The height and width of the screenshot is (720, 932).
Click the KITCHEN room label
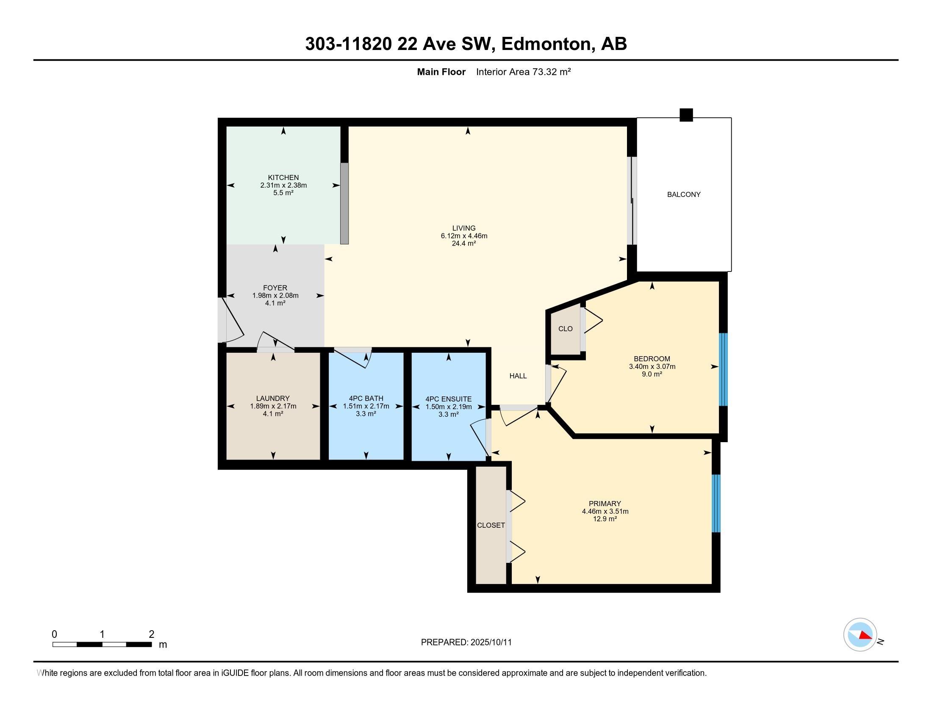coord(283,177)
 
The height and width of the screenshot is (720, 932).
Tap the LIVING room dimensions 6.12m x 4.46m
coord(464,236)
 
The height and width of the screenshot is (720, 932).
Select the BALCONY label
coord(684,194)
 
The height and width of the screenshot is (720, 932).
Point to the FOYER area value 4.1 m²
coord(275,303)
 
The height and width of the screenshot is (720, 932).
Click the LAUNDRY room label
coord(273,399)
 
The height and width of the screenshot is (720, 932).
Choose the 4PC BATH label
coord(366,399)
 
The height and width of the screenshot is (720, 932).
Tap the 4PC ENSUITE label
coord(449,399)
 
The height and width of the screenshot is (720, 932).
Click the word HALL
coord(518,376)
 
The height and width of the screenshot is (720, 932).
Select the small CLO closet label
coord(566,329)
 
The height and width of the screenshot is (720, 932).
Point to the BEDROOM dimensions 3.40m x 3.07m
coord(652,366)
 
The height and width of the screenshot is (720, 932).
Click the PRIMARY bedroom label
coord(605,504)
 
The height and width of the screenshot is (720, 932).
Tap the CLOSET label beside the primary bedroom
coord(491,526)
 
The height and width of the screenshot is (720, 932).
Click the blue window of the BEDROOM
coord(723,369)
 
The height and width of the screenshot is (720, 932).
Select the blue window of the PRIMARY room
coord(716,503)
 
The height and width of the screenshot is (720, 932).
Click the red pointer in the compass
coord(865,636)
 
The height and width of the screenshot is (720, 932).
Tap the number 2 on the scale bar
coord(152,634)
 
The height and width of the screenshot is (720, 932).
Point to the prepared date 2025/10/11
coord(491,642)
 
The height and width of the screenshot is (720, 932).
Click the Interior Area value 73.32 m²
coord(551,72)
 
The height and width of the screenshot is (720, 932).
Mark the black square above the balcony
coord(686,115)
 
